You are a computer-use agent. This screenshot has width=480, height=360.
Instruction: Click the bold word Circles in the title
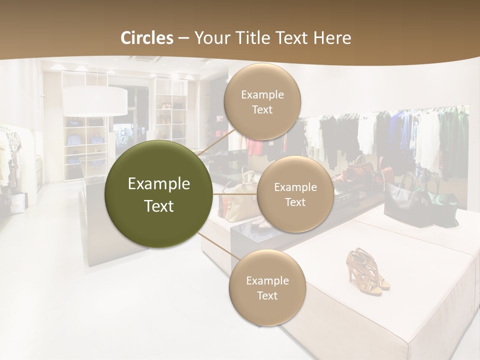146,38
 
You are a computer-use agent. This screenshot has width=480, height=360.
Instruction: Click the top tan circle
262,101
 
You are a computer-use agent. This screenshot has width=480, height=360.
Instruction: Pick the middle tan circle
295,194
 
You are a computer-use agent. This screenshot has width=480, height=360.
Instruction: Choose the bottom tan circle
267,287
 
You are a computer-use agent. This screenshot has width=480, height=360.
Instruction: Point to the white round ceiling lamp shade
95,100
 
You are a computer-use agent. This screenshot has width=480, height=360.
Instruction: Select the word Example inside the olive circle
159,184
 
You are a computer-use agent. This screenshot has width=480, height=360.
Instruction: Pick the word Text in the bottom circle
267,295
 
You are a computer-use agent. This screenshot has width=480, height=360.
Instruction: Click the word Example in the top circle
262,94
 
